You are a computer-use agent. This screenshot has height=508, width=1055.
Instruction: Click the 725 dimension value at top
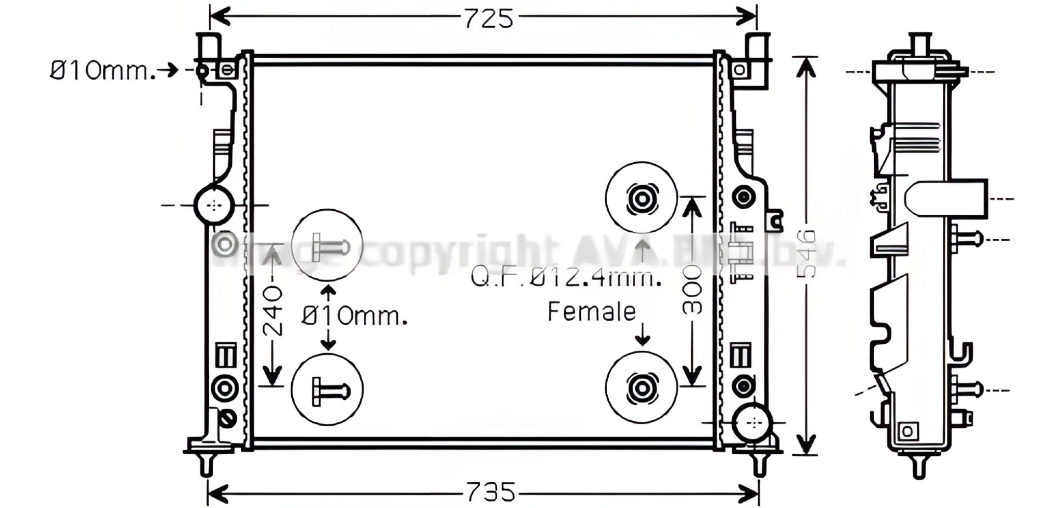click(x=488, y=18)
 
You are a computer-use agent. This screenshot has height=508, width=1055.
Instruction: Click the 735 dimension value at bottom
click(x=491, y=492)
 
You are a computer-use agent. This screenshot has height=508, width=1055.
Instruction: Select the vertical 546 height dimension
click(x=806, y=254)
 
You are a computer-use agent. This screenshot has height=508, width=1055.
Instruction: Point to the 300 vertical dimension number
click(x=692, y=290)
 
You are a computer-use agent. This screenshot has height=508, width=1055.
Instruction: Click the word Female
click(x=592, y=312)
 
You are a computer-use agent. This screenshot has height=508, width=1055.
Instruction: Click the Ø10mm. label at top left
click(x=102, y=71)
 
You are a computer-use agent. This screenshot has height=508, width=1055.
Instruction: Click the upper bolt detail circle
click(x=327, y=244)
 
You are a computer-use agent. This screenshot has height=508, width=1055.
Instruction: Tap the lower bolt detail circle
click(x=327, y=389)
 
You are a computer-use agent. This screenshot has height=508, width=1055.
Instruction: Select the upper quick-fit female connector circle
click(x=641, y=198)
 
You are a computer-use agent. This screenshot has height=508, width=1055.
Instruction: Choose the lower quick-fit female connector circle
click(x=641, y=387)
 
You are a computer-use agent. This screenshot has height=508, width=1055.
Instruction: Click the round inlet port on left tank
click(x=214, y=205)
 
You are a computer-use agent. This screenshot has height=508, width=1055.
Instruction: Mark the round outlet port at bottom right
click(x=753, y=423)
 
